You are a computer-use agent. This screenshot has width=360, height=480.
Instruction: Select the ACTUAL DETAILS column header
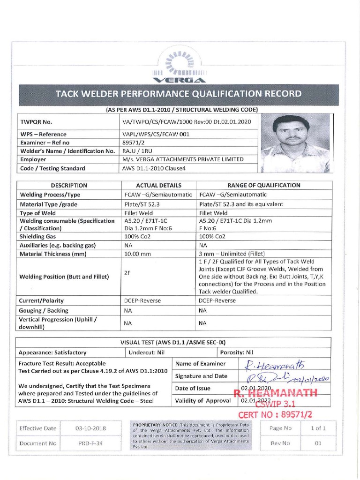tap(158, 185)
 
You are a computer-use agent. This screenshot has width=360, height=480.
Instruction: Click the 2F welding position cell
tap(127, 273)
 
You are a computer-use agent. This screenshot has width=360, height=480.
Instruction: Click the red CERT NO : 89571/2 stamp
tap(275, 414)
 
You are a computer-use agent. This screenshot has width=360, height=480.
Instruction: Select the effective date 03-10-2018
tap(90, 428)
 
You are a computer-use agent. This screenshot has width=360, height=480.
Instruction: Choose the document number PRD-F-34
tap(90, 443)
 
